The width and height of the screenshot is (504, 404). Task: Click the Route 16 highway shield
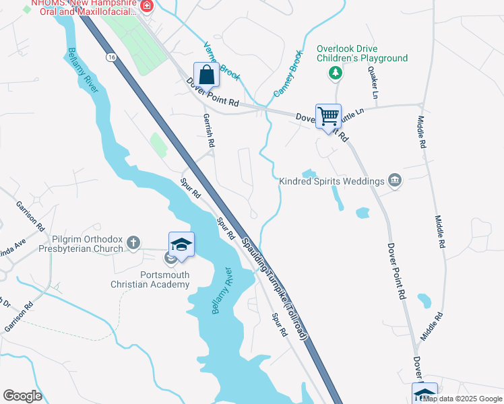click(110, 59)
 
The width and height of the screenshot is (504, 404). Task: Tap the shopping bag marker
click(206, 75)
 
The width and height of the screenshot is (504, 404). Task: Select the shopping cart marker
click(328, 116)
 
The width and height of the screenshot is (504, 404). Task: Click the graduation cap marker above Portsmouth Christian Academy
click(181, 244)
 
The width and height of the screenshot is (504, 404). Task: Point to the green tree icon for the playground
click(334, 72)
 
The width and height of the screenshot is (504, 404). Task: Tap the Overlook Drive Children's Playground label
click(363, 54)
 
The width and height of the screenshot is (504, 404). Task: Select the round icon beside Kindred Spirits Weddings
click(395, 180)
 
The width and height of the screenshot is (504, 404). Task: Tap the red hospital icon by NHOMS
click(146, 7)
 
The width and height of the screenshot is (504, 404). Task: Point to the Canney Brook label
click(287, 72)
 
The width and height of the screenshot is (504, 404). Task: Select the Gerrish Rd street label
click(208, 130)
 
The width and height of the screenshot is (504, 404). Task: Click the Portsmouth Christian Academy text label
click(164, 279)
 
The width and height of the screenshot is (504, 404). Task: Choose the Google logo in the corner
click(22, 395)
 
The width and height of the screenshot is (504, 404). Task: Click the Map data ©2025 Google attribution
click(462, 399)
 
